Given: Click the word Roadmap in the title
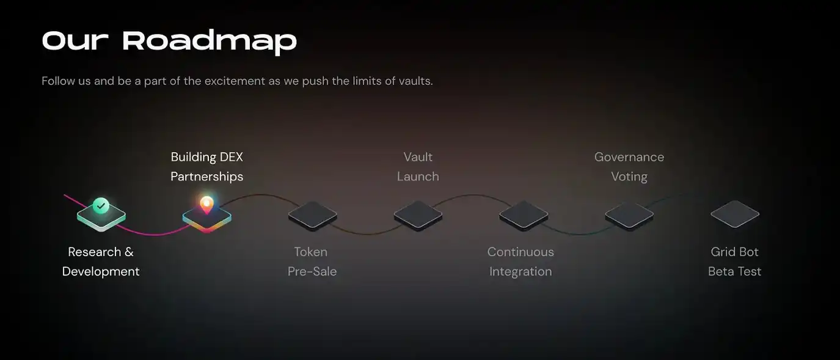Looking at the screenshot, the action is click(x=210, y=42).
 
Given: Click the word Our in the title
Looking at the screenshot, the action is click(x=75, y=40).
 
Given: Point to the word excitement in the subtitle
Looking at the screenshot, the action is click(x=235, y=81).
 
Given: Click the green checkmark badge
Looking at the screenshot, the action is click(x=101, y=205).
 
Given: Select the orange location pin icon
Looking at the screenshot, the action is click(x=206, y=205).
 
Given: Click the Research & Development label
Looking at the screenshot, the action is click(x=101, y=262).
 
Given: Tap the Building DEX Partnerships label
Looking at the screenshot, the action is click(x=207, y=166).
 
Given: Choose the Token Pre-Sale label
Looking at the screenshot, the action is click(x=312, y=262).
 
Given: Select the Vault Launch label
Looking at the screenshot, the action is click(x=418, y=166).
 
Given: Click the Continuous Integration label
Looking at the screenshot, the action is click(x=520, y=262).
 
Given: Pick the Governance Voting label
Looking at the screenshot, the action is click(x=629, y=166).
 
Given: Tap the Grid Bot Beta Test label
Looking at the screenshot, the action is click(x=735, y=262).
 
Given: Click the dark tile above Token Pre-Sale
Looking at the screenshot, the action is click(x=312, y=215).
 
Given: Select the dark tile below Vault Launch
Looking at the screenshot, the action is click(x=418, y=215).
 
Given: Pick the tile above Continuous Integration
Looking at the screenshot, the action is click(x=524, y=215).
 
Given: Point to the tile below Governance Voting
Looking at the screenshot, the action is click(x=629, y=215).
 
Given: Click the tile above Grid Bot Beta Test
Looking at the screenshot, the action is click(x=735, y=214).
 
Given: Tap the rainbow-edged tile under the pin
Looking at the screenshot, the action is click(x=207, y=219).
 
